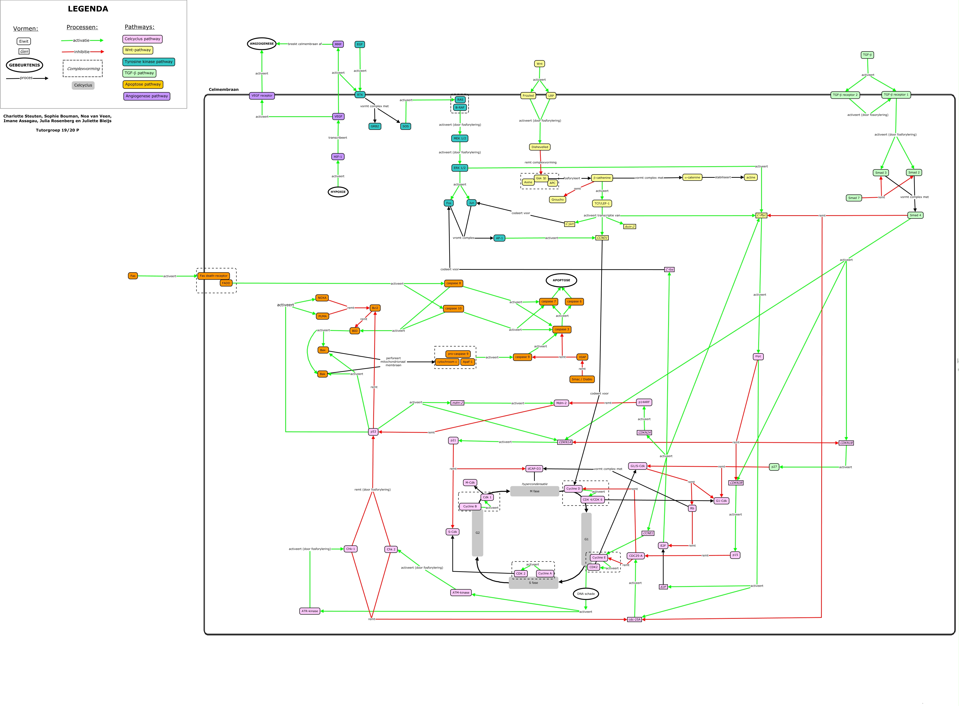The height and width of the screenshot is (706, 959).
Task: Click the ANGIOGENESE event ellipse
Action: [x=262, y=43]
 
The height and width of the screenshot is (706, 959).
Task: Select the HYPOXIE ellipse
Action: [x=338, y=192]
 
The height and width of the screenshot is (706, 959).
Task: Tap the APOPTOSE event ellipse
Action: [x=561, y=280]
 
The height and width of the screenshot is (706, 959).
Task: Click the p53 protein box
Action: [x=373, y=432]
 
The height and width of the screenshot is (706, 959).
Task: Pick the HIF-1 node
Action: [x=338, y=157]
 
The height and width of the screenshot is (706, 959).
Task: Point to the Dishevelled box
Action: [x=540, y=147]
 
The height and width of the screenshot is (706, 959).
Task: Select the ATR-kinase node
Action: [x=310, y=611]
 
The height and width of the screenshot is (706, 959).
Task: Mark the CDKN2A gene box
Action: [x=644, y=432]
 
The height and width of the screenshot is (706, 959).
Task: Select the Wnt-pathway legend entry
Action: [x=138, y=50]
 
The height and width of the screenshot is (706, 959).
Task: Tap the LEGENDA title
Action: [x=88, y=9]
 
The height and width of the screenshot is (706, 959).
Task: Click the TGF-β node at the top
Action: [x=867, y=55]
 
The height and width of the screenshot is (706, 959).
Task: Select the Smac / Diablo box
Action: [x=582, y=379]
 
